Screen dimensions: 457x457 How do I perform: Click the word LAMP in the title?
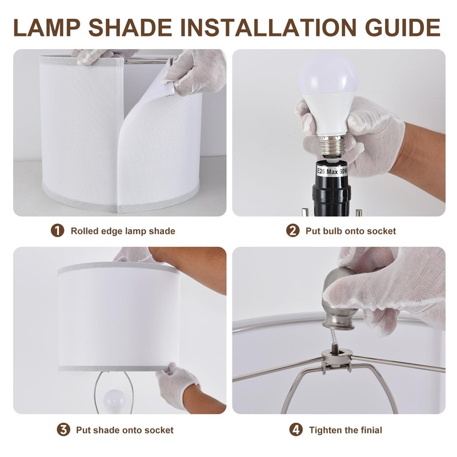[x=47, y=27]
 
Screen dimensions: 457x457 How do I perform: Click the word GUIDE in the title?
[x=403, y=27]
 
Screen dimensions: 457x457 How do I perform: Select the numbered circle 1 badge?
[x=58, y=231]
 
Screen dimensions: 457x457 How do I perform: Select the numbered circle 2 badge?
[x=292, y=231]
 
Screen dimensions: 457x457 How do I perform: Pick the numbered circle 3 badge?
[x=63, y=430]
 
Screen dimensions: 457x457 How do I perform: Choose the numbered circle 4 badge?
[x=296, y=430]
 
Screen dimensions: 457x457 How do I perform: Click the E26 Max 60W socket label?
[x=332, y=171]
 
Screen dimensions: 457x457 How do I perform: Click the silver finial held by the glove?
[x=338, y=302]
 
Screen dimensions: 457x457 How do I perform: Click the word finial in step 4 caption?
[x=370, y=430]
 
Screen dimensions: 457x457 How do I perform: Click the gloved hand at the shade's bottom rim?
[x=176, y=384]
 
